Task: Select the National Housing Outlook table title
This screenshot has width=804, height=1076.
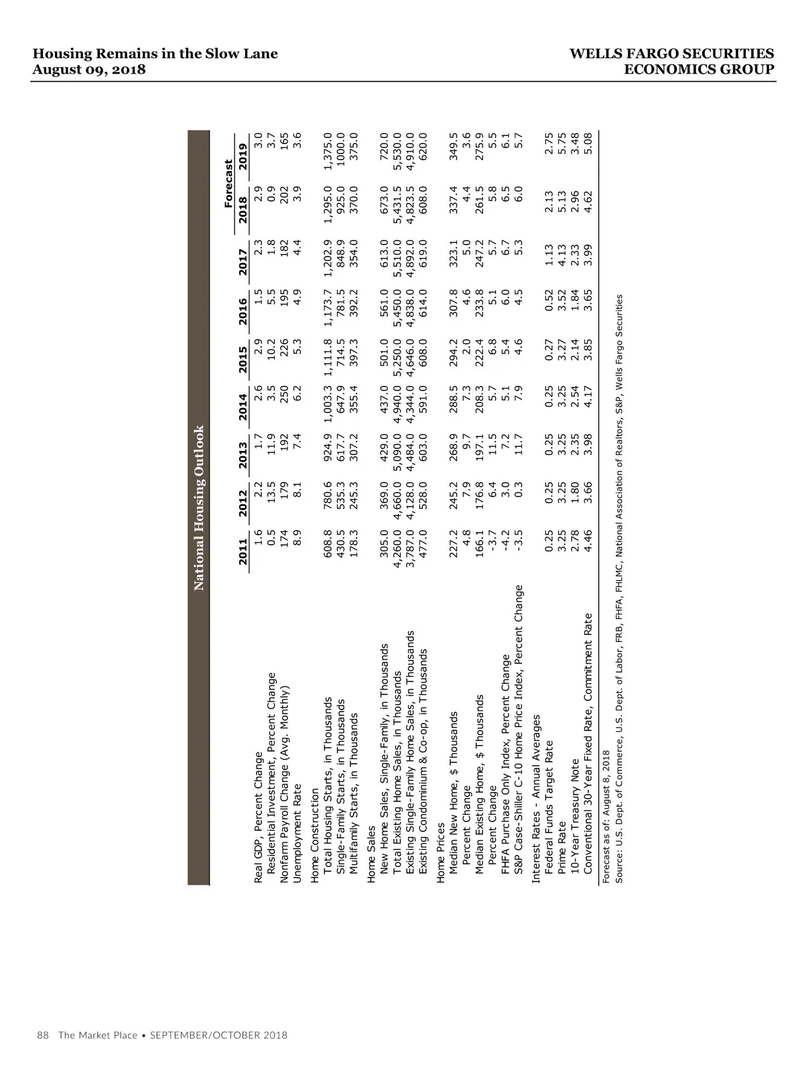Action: pos(199,509)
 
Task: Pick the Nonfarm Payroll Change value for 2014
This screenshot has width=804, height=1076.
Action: pos(285,400)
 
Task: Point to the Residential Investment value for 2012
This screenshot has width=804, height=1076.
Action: pos(271,499)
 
